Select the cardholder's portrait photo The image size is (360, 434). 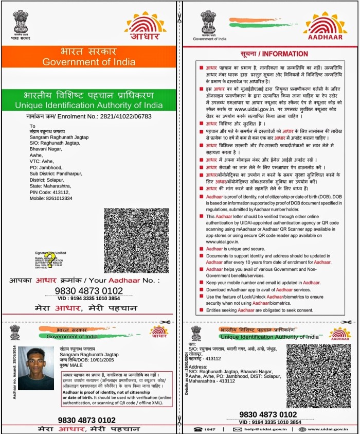point(36,368)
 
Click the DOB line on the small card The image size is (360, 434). point(85,360)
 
